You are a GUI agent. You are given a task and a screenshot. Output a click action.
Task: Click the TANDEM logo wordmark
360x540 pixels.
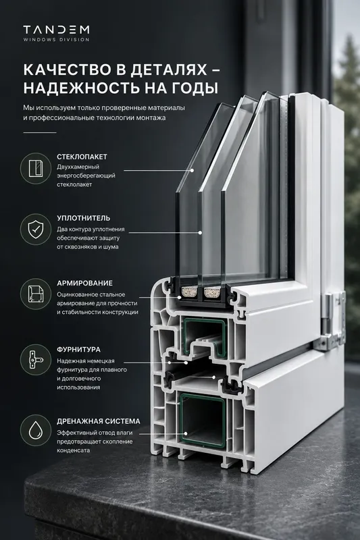point(57,30)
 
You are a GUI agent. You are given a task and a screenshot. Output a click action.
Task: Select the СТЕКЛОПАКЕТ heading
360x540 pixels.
point(82,157)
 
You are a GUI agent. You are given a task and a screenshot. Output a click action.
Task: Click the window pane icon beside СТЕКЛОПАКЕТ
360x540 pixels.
point(36,168)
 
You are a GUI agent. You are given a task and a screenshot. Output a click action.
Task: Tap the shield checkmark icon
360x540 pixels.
point(36,230)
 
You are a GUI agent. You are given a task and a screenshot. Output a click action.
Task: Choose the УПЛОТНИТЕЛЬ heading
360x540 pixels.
point(84,218)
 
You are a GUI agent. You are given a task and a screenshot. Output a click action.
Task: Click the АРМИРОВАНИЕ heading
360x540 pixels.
point(84,283)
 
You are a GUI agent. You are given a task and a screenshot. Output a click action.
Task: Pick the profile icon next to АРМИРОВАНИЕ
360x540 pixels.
point(36,294)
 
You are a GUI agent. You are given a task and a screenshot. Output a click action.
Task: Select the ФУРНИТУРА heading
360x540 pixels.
point(79,350)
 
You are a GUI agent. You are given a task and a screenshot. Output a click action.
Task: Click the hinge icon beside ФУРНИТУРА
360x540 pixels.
point(36,360)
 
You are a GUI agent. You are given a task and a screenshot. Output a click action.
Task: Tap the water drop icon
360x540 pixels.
point(36,431)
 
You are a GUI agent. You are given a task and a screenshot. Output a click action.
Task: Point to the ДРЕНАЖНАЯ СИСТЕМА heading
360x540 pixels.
point(99,421)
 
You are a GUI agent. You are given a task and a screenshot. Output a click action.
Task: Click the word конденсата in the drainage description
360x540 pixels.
point(73,450)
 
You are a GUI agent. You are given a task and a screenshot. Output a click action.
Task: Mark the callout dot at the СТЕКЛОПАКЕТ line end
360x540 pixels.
point(192,170)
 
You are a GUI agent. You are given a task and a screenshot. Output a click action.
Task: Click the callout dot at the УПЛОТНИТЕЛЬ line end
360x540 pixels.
point(200,233)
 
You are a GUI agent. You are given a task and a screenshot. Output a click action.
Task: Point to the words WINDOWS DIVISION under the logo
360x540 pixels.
point(57,40)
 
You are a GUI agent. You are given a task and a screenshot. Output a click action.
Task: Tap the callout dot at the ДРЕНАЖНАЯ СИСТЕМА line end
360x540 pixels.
point(186,434)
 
